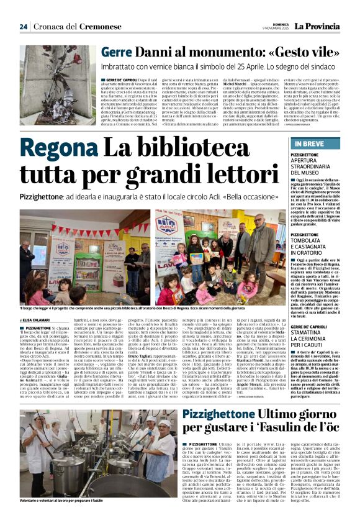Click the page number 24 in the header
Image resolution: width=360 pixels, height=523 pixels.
coord(24,27)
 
